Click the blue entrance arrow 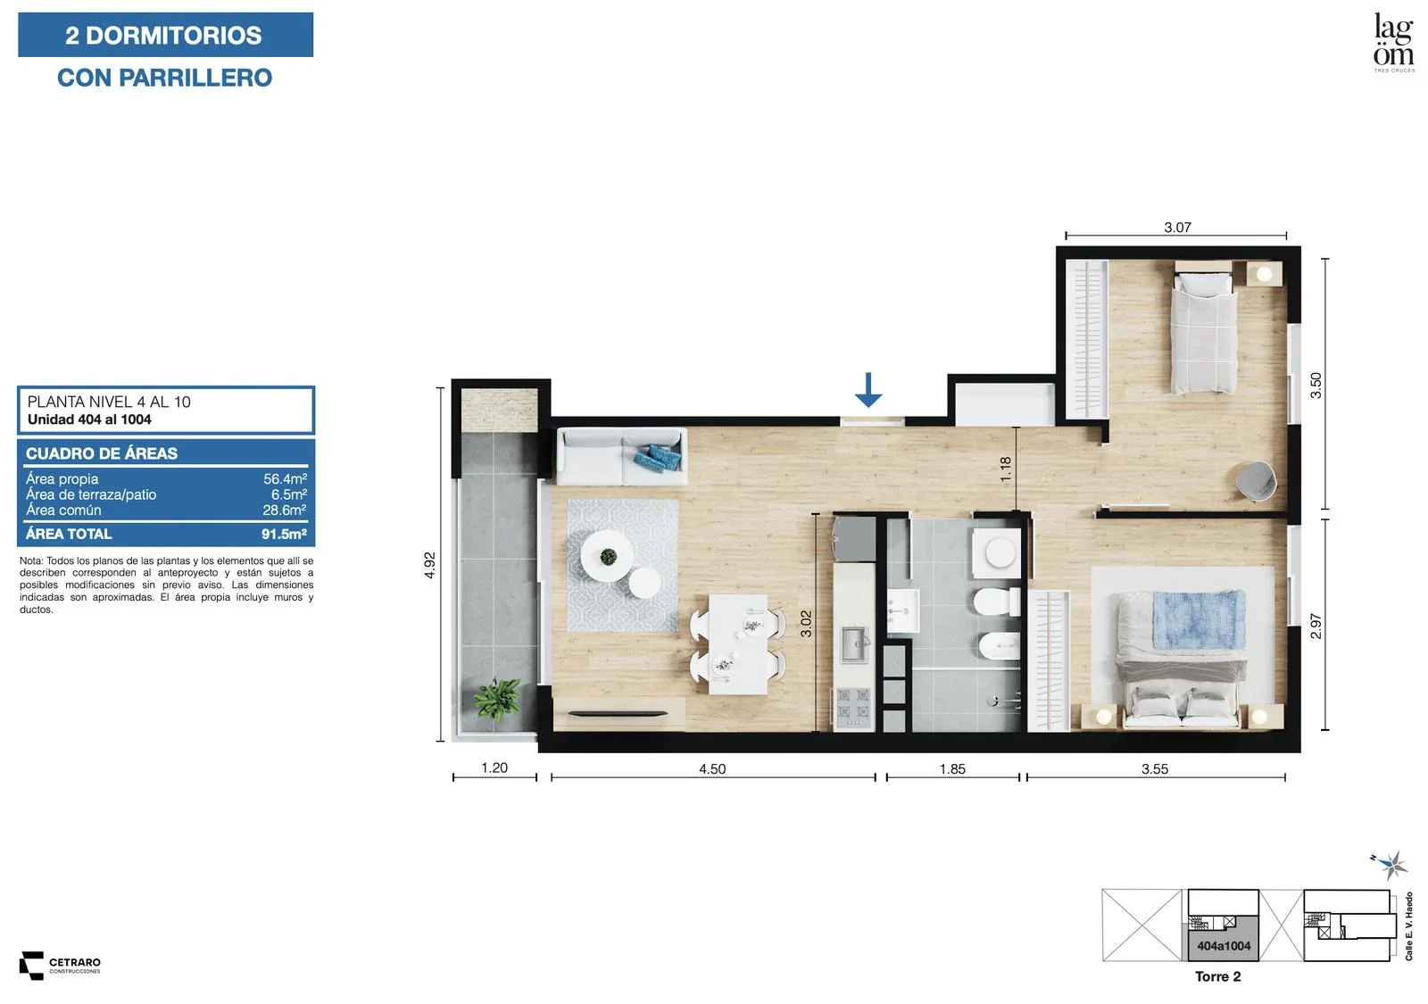[x=868, y=390]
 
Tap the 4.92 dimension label [x=429, y=566]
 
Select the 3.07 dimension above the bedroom [x=1177, y=227]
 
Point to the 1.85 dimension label [x=952, y=768]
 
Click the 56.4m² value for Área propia [x=285, y=478]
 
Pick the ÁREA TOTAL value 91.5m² [x=284, y=535]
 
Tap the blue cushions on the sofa [x=657, y=457]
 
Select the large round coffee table [x=606, y=556]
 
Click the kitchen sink [x=855, y=644]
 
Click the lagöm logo [x=1393, y=42]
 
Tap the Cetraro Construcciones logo [x=60, y=966]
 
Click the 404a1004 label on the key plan [x=1224, y=946]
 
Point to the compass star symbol [x=1393, y=865]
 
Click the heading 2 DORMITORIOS [x=164, y=35]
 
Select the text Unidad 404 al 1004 [x=89, y=419]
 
